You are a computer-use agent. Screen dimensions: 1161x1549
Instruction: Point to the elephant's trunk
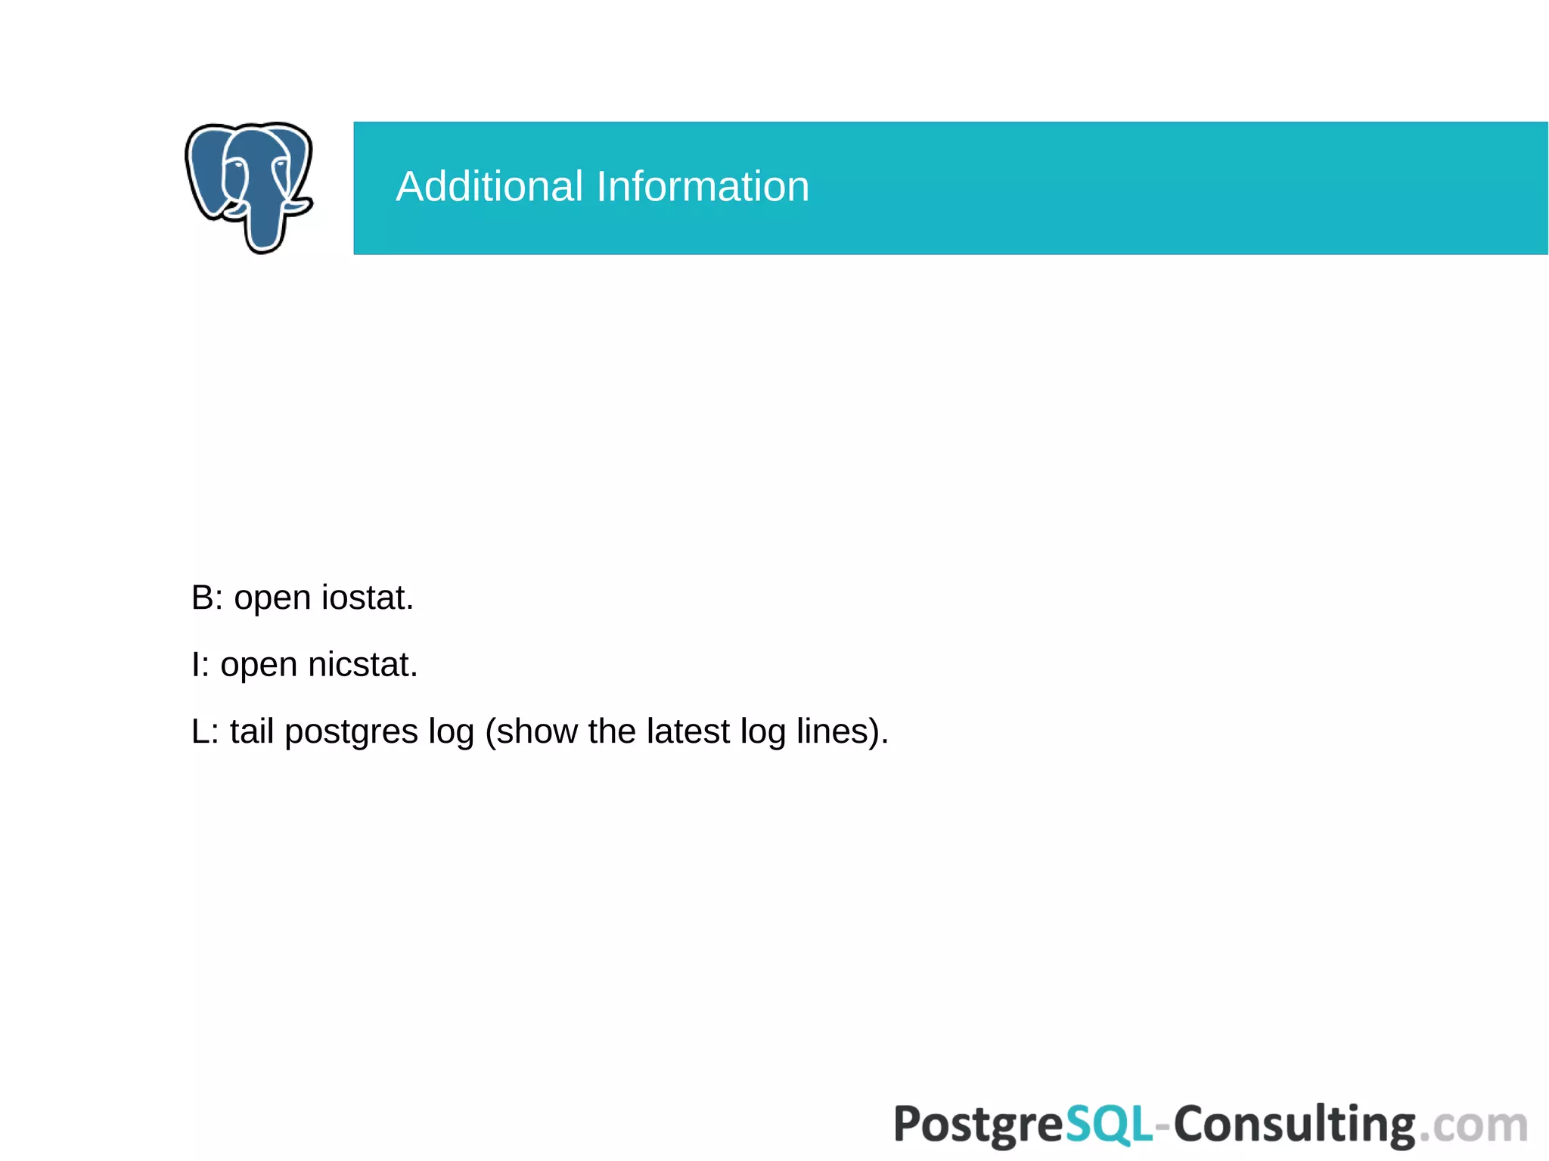pyautogui.click(x=264, y=227)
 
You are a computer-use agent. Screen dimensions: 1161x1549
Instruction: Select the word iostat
pyautogui.click(x=367, y=598)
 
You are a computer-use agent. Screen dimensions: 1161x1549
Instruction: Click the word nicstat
pyautogui.click(x=362, y=665)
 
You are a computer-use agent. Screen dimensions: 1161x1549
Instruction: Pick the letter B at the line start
pyautogui.click(x=203, y=598)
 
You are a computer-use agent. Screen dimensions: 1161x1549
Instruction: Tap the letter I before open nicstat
pyautogui.click(x=196, y=665)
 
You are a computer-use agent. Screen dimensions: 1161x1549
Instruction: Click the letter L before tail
pyautogui.click(x=200, y=731)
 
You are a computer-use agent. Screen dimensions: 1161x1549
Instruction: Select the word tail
pyautogui.click(x=252, y=731)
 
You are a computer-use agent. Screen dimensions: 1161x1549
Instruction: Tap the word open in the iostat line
pyautogui.click(x=272, y=599)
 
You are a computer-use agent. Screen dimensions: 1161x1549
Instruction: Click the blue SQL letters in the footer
pyautogui.click(x=1109, y=1125)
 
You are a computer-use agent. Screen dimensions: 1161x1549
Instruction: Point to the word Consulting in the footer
pyautogui.click(x=1294, y=1125)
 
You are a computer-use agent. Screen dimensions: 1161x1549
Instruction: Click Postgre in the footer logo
pyautogui.click(x=979, y=1125)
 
